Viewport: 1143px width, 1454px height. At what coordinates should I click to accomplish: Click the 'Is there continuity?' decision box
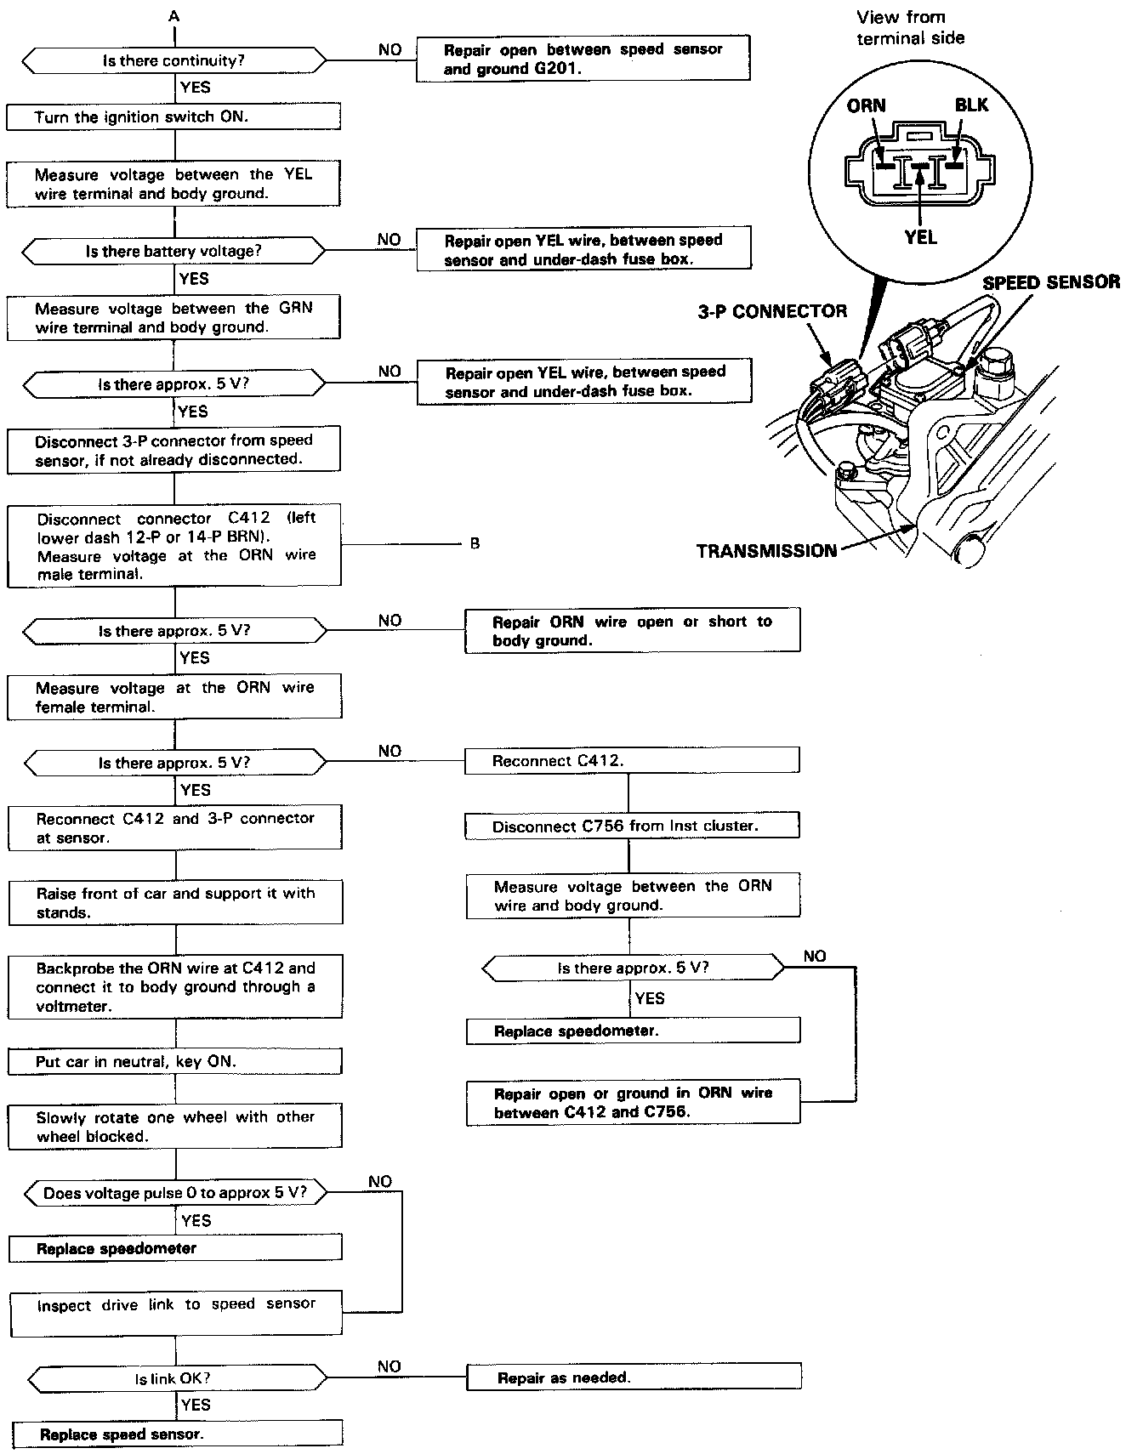(173, 61)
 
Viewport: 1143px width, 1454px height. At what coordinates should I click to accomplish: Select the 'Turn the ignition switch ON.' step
(173, 116)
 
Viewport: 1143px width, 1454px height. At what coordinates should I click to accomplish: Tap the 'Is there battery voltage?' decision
(173, 252)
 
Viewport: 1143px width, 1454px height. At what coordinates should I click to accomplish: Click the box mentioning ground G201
(583, 59)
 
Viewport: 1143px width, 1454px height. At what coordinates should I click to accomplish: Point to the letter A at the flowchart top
(174, 15)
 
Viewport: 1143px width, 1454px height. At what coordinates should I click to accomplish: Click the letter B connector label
(475, 543)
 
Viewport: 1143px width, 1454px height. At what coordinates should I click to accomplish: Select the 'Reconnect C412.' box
(631, 761)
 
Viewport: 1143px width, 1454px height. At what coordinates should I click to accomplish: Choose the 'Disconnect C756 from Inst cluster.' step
(631, 826)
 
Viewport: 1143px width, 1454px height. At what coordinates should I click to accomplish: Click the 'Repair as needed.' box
(634, 1377)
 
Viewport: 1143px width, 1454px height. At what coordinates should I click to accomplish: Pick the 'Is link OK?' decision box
(173, 1377)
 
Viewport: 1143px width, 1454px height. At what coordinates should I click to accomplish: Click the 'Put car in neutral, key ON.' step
(174, 1061)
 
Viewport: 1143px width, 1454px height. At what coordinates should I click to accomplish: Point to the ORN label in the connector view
(866, 105)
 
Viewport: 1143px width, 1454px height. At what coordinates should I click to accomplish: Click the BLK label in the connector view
(971, 105)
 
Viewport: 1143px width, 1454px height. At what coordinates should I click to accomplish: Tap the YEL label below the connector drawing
(921, 237)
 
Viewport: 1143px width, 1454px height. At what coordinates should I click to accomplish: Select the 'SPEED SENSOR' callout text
(1051, 282)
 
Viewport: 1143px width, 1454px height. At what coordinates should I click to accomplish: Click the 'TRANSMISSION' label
(766, 551)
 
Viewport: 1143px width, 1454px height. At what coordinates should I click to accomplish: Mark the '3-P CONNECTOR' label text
(772, 311)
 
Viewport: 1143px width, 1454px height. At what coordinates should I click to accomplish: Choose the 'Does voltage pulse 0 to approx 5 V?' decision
(173, 1193)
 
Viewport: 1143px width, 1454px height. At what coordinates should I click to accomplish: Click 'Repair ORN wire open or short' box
(632, 630)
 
